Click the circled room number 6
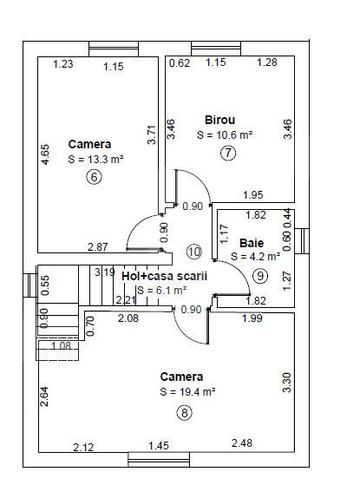pos(94,177)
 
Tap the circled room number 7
pos(228,153)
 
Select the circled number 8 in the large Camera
pos(185,413)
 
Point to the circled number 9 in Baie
pos(260,276)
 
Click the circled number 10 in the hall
pos(194,252)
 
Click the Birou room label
pos(220,120)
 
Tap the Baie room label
pos(252,243)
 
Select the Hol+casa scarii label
pos(165,276)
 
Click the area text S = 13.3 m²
pos(95,159)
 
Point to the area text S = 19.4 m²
pos(188,391)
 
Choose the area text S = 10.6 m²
pos(225,134)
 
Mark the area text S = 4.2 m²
pos(256,256)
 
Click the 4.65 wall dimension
pos(45,154)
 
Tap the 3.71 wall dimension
pos(152,135)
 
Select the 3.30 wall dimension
pos(286,383)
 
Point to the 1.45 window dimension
pos(159,445)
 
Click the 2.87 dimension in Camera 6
pos(98,246)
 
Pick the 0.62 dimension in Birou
pos(180,62)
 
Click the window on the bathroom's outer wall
pos(302,241)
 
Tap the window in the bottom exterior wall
pos(159,460)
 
